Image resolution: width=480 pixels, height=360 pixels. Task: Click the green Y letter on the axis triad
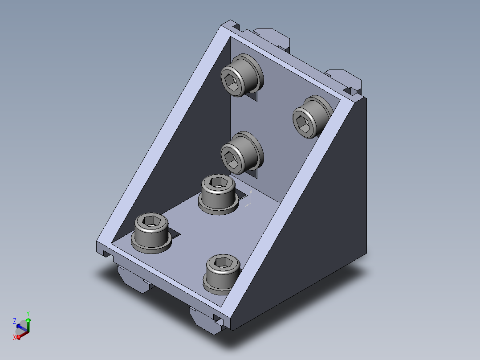click(28, 314)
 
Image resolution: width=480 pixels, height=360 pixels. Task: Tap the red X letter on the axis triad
click(14, 337)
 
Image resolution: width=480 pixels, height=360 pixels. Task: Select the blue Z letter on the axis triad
click(14, 321)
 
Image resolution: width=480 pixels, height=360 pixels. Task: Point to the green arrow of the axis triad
click(28, 325)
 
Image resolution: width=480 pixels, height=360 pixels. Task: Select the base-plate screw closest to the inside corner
click(218, 194)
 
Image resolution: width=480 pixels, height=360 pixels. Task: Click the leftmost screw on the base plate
click(151, 233)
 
